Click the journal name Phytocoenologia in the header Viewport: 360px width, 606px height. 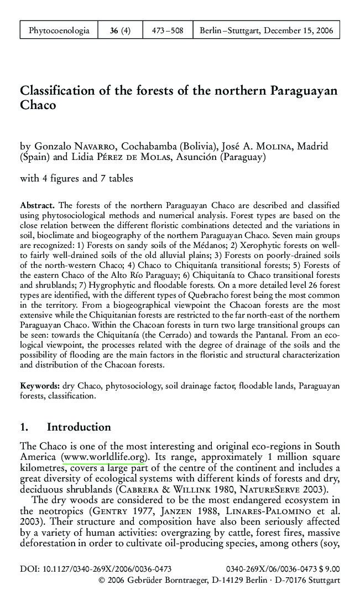[x=59, y=30]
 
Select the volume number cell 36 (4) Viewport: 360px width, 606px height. [x=120, y=30]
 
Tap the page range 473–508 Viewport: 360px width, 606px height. [x=168, y=30]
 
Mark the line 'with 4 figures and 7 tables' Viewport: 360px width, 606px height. [x=76, y=178]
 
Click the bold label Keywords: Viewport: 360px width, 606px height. [x=40, y=385]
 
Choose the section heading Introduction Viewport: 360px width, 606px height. [x=79, y=427]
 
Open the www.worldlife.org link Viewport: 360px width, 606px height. [x=105, y=457]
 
